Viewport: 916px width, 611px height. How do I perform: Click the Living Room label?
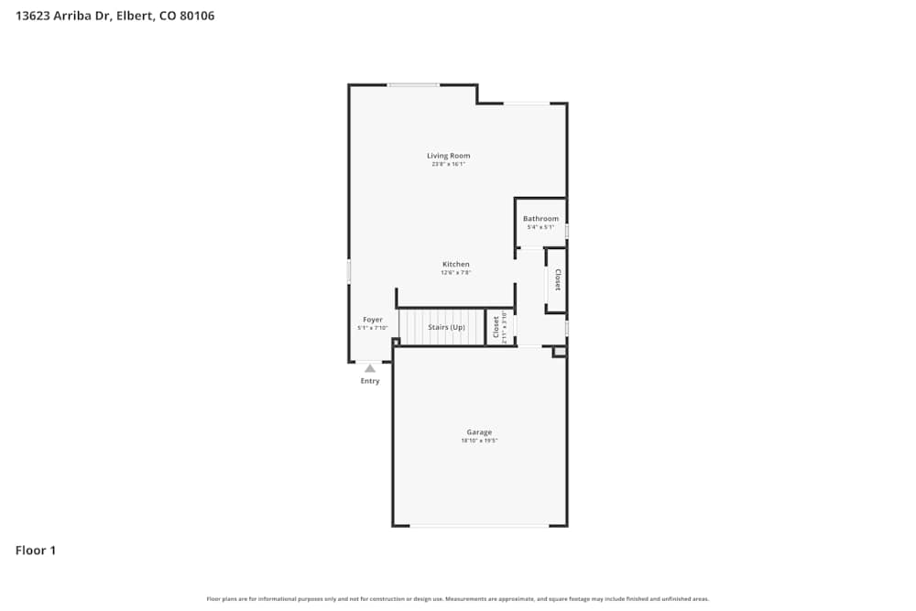tap(448, 156)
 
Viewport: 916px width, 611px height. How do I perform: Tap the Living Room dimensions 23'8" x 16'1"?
tap(448, 164)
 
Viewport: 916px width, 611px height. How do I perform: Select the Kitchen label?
tap(455, 265)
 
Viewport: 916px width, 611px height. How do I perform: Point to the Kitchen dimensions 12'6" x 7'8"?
tap(455, 272)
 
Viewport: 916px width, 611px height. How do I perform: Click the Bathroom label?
tap(540, 219)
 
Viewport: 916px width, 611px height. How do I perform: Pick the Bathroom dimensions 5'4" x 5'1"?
tap(540, 227)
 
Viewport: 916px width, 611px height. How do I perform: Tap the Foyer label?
tap(372, 320)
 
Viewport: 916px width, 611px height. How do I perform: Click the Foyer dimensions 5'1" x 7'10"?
tap(372, 328)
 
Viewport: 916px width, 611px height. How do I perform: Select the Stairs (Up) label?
tap(446, 327)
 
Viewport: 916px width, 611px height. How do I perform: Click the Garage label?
tap(479, 432)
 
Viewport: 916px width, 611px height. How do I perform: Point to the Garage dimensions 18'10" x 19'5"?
tap(479, 441)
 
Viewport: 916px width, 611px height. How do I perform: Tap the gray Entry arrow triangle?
tap(370, 368)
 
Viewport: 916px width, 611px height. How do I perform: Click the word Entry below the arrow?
tap(370, 381)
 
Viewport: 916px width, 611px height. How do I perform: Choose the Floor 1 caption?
tap(36, 551)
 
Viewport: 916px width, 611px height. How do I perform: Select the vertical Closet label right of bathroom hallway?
tap(557, 280)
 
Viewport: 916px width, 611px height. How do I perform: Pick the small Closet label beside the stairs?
tap(496, 327)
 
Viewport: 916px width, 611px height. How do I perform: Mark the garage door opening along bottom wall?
tap(478, 526)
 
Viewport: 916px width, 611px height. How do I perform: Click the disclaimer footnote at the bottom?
tap(458, 599)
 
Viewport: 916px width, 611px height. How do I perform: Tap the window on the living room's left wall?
tap(348, 271)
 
